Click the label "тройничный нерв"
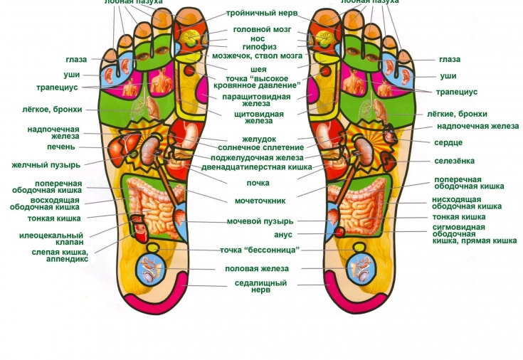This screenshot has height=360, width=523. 262,13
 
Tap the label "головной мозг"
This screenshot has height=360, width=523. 262,29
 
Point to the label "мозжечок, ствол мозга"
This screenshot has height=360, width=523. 257,55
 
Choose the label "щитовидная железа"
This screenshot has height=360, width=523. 258,117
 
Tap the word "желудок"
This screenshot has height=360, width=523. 258,139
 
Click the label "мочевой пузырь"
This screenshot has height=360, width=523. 260,221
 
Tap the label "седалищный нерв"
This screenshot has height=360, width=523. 260,286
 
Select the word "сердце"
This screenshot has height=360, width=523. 448,142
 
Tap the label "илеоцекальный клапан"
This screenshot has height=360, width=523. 60,238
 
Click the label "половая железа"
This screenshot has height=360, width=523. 257,268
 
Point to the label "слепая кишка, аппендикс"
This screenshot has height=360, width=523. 60,255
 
